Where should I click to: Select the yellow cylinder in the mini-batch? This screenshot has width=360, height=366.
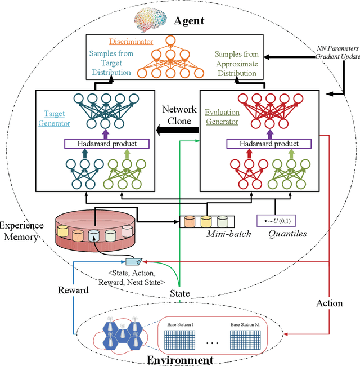[206, 221]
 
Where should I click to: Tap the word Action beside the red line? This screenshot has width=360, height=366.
[329, 303]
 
